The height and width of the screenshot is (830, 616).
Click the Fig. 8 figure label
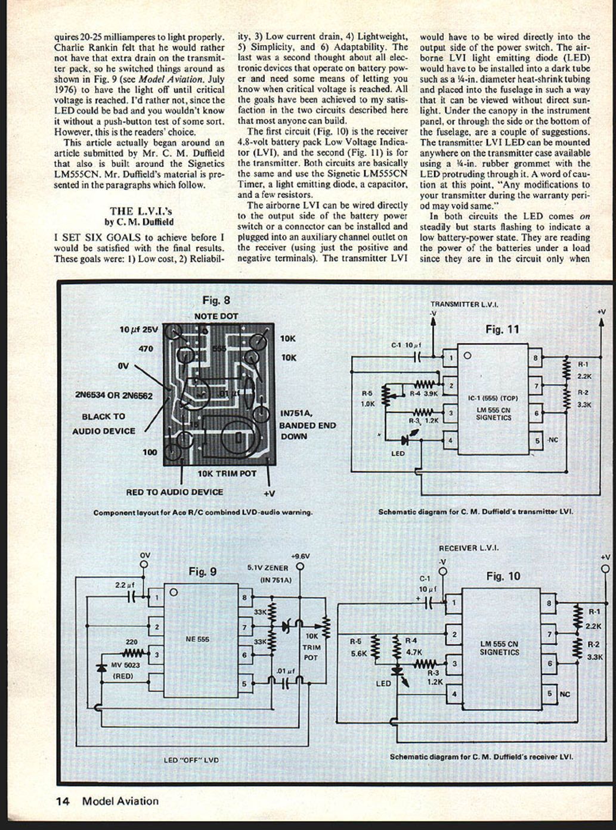coord(215,300)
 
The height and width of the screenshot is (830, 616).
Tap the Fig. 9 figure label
coord(202,572)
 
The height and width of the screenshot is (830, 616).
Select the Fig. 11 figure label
coord(502,329)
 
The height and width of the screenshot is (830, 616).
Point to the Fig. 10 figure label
coord(503,576)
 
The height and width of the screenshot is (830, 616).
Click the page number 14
coord(63,801)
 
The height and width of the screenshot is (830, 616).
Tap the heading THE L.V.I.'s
coord(141,211)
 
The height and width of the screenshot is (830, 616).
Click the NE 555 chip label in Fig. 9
coord(197,639)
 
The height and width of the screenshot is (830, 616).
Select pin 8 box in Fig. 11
coord(535,358)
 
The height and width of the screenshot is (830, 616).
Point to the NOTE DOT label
coord(216,316)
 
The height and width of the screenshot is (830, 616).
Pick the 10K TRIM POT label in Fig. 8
coord(227,474)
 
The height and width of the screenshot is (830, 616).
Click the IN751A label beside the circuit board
coord(296,413)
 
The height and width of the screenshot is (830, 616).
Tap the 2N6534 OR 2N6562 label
coord(114,396)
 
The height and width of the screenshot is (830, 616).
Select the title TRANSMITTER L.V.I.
coord(464,304)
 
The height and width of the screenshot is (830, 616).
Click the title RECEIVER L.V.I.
coord(468,548)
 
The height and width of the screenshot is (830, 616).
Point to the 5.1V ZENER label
coord(268,568)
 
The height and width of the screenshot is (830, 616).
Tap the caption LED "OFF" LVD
coord(191,760)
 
